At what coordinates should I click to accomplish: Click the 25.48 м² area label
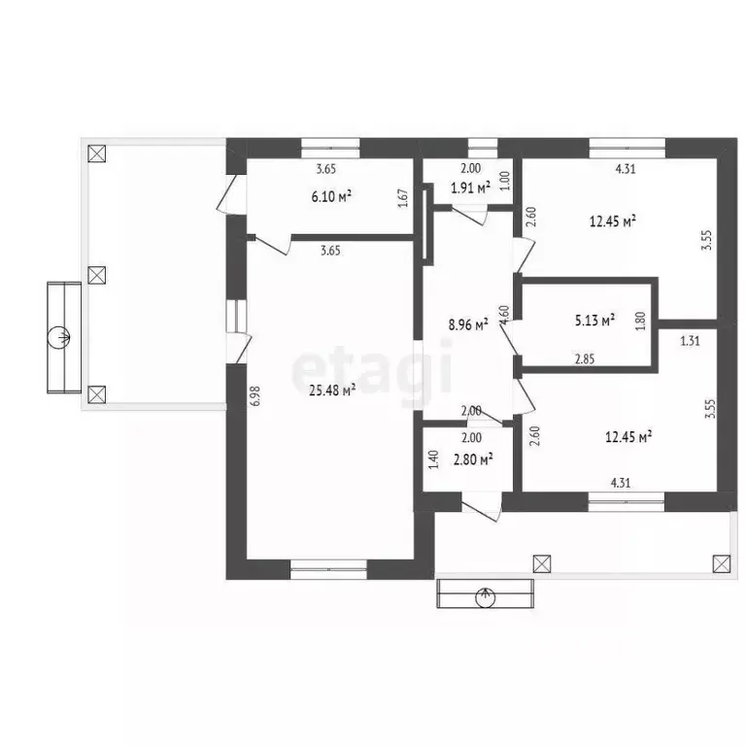coord(332,390)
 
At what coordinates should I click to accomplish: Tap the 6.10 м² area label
coord(331,196)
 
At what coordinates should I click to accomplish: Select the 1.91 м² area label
coord(470,187)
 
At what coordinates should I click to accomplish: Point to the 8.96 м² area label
coord(468,325)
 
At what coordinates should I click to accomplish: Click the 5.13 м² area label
coord(594,321)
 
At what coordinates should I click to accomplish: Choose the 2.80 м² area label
coord(473,459)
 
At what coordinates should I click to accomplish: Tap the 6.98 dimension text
coord(256,395)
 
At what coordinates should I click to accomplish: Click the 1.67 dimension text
coord(402,199)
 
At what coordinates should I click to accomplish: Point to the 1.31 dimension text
coord(690,341)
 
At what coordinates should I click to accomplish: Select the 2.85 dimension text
coord(585,359)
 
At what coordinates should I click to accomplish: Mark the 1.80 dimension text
coord(640,321)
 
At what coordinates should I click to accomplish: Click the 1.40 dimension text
coord(433,460)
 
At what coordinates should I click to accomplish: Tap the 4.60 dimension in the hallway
coord(505,316)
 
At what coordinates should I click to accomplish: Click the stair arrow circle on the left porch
coord(59,338)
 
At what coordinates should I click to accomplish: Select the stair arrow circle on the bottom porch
coord(486,597)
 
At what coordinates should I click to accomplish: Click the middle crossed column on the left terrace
coord(97,275)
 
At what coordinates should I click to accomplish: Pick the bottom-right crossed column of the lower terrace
coord(722,563)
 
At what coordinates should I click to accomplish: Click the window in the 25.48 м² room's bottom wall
coord(328,569)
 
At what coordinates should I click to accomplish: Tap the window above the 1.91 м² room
coord(483,148)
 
